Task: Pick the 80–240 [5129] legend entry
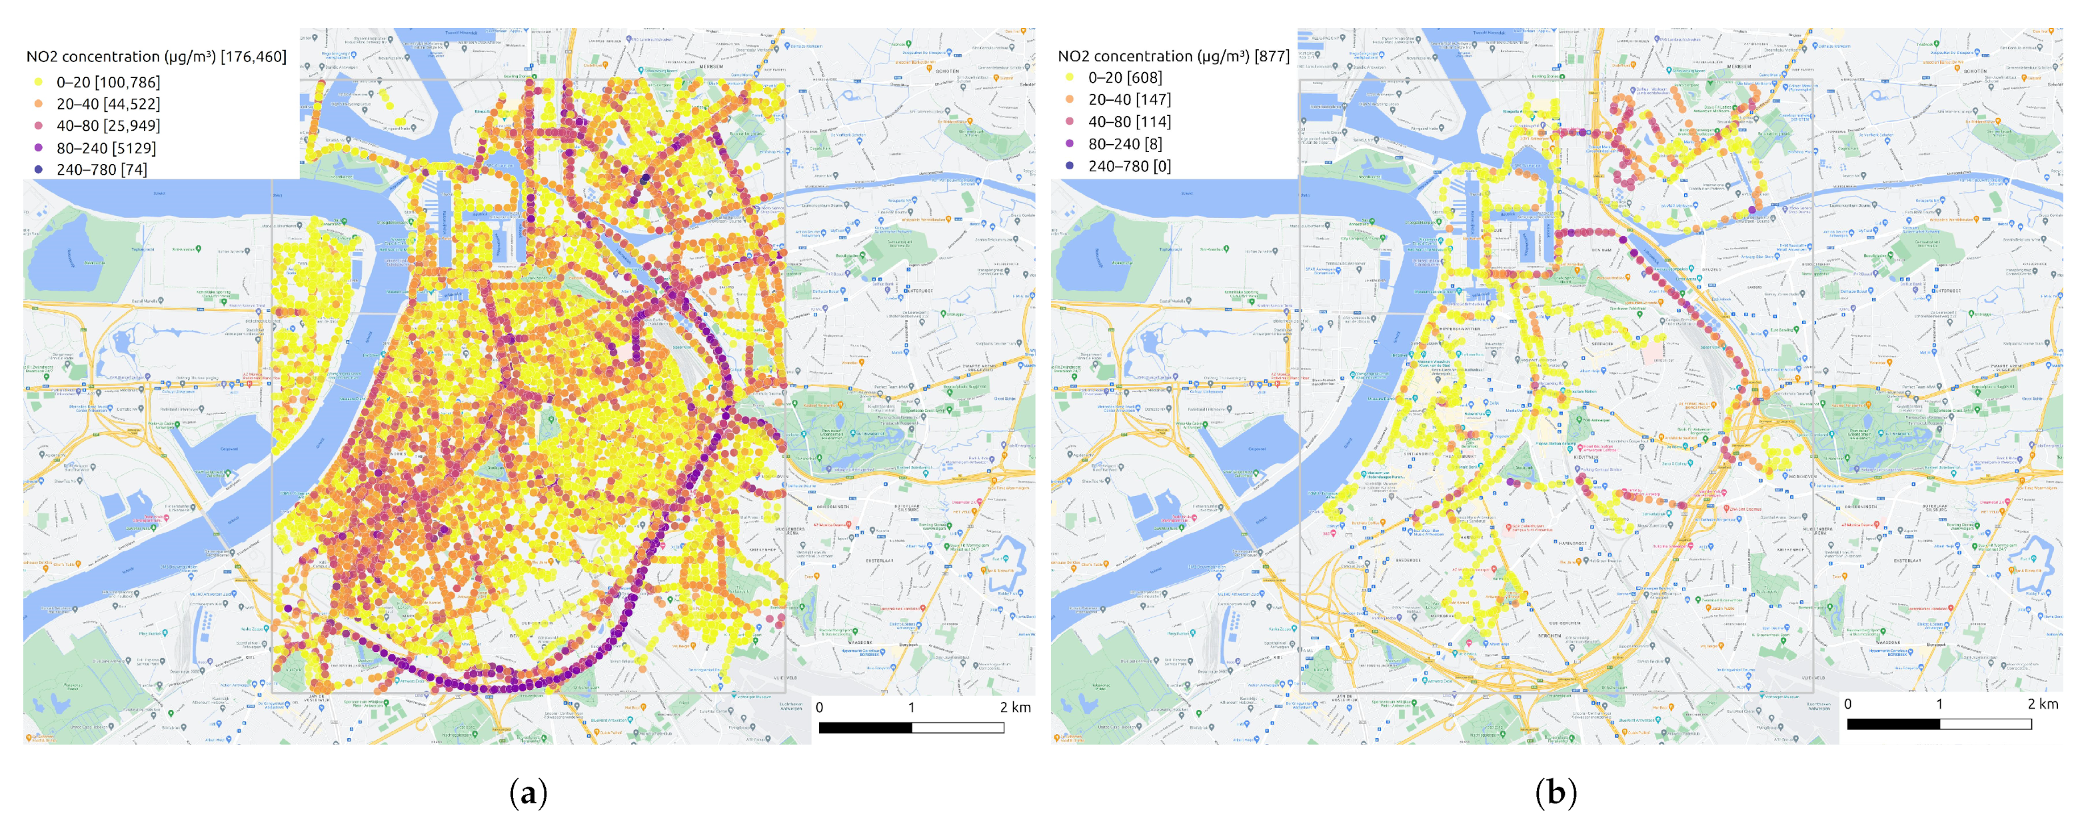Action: click(x=105, y=148)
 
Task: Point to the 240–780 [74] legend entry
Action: click(x=101, y=170)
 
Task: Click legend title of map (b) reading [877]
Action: click(x=1172, y=56)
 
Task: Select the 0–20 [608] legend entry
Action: click(x=1124, y=78)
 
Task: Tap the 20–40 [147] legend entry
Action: click(x=1129, y=99)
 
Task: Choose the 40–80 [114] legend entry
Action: click(x=1129, y=121)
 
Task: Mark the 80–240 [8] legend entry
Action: click(x=1124, y=144)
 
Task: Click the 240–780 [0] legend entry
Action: click(x=1129, y=166)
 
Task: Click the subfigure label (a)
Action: click(x=528, y=792)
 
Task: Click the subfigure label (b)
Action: click(x=1556, y=792)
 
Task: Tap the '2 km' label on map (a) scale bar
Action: click(x=1014, y=707)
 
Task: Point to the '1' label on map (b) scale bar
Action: click(x=1939, y=704)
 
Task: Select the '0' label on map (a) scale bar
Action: click(x=820, y=707)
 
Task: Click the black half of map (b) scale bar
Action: click(x=1893, y=724)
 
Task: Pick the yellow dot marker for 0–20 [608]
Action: click(x=1070, y=78)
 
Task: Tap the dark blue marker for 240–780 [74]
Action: click(x=38, y=170)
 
